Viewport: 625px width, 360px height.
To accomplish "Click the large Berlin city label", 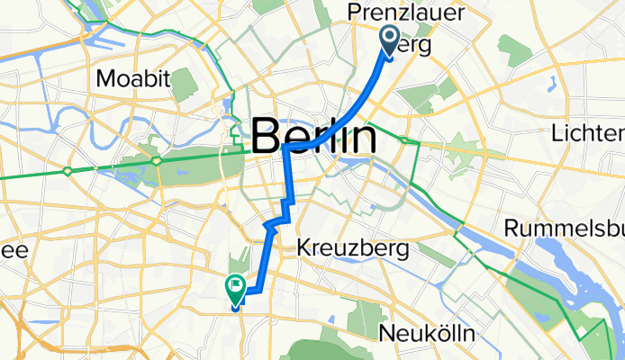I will [x=313, y=138].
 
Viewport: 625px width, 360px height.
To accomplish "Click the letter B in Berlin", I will [x=267, y=138].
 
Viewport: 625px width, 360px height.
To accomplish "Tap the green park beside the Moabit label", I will [x=184, y=84].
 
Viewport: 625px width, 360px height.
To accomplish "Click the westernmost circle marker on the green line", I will [x=68, y=170].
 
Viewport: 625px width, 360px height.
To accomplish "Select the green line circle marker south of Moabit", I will [x=157, y=161].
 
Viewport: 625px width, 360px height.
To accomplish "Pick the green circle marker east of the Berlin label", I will [x=407, y=140].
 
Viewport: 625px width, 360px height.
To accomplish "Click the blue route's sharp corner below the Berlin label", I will [x=286, y=148].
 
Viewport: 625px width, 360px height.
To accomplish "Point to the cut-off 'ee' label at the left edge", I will [x=15, y=249].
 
